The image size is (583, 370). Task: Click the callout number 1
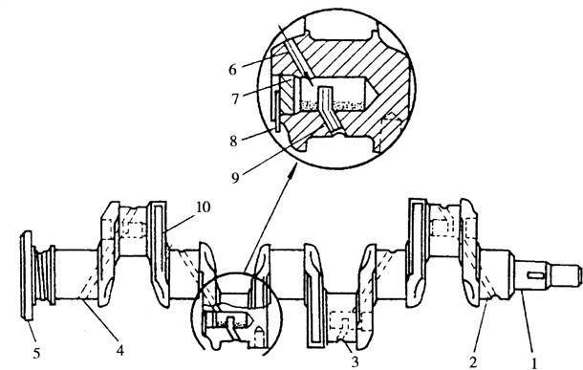(x=534, y=361)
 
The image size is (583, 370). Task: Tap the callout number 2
(x=472, y=361)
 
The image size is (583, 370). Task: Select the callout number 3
(x=356, y=361)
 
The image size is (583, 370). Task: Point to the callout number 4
(x=119, y=350)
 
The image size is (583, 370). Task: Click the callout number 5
(x=36, y=353)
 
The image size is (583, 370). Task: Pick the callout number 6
(x=232, y=70)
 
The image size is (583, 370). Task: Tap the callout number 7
(x=234, y=99)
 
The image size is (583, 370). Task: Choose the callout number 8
(x=233, y=141)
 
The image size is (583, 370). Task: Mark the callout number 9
(x=235, y=178)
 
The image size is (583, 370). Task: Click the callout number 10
(x=203, y=207)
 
